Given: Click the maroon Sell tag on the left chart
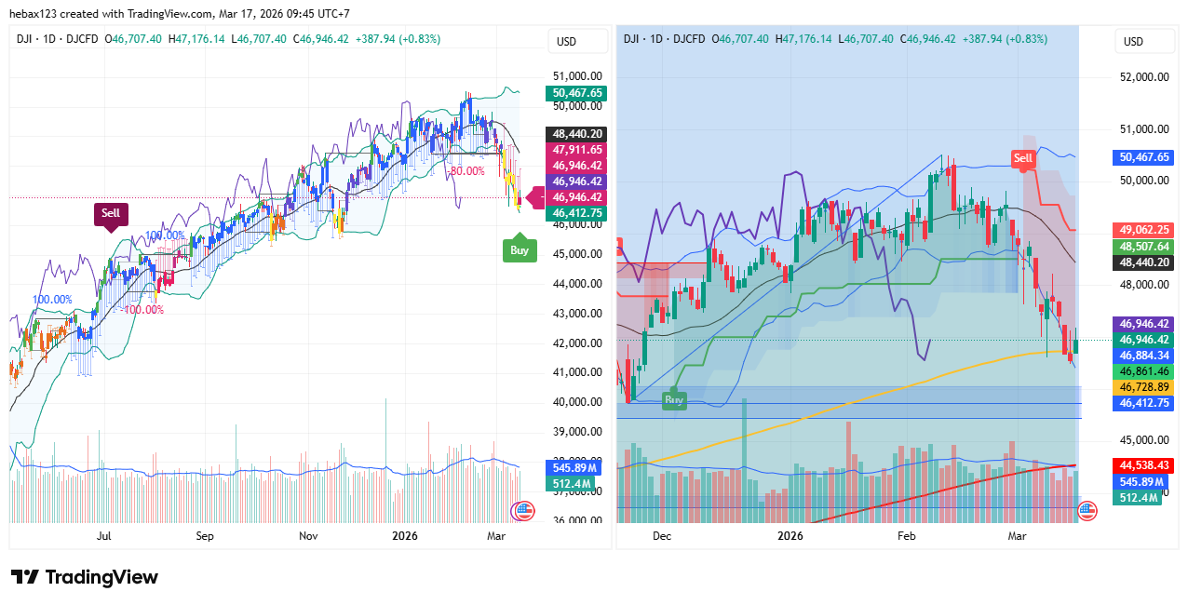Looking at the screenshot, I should [x=111, y=213].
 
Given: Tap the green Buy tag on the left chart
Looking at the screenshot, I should [x=520, y=249].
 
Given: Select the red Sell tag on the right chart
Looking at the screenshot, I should [x=1023, y=158].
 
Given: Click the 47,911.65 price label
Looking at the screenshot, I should [x=577, y=149].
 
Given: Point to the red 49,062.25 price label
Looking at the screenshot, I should [x=1143, y=230].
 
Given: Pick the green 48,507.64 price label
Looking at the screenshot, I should [x=1143, y=247].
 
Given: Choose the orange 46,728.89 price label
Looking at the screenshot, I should [x=1143, y=387].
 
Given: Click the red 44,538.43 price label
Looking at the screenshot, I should [x=1143, y=464].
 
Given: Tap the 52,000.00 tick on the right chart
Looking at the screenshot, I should [x=1144, y=77].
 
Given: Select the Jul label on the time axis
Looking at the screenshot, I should [x=104, y=536].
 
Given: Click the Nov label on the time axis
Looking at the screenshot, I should [x=308, y=536].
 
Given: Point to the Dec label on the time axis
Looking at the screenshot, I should [x=662, y=536].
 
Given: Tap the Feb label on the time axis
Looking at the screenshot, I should [x=906, y=536].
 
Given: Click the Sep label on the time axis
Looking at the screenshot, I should [x=205, y=536].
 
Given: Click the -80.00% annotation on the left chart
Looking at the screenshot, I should [x=466, y=171].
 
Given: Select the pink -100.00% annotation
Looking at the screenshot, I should [x=143, y=310].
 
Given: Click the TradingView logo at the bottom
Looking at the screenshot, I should [x=85, y=577].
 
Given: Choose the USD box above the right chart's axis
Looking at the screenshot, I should [x=1133, y=42].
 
